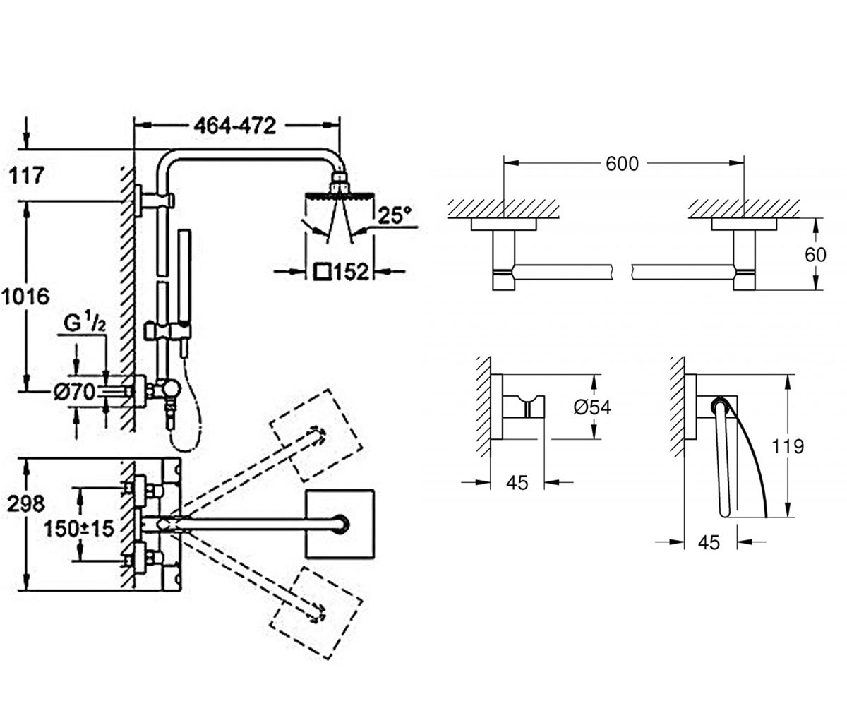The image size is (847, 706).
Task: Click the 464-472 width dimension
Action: tap(234, 126)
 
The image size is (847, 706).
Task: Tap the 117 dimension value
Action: tap(26, 176)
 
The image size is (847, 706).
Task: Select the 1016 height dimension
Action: tap(25, 297)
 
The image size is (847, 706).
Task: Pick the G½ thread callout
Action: tap(85, 324)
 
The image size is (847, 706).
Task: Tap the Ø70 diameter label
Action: tap(74, 393)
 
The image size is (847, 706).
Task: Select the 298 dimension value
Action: tap(26, 504)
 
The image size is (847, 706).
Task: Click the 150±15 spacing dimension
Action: tap(79, 529)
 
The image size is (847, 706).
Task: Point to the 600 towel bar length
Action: tap(622, 164)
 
